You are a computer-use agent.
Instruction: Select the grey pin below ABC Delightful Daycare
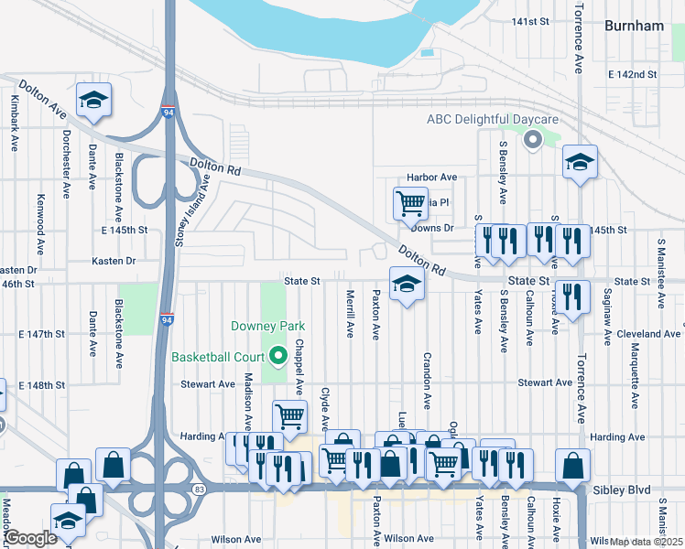pos(531,140)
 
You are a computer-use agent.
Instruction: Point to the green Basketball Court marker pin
pos(280,357)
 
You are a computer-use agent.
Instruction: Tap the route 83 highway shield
pos(199,490)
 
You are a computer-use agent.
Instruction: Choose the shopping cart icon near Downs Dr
pos(409,203)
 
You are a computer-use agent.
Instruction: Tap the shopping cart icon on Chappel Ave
pos(290,416)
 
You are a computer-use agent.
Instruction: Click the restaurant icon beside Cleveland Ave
pos(571,296)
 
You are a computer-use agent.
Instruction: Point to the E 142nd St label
pos(633,74)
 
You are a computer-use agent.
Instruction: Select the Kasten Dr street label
pos(114,261)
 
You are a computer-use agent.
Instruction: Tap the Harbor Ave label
pos(432,177)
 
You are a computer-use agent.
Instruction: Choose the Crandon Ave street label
pos(427,380)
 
